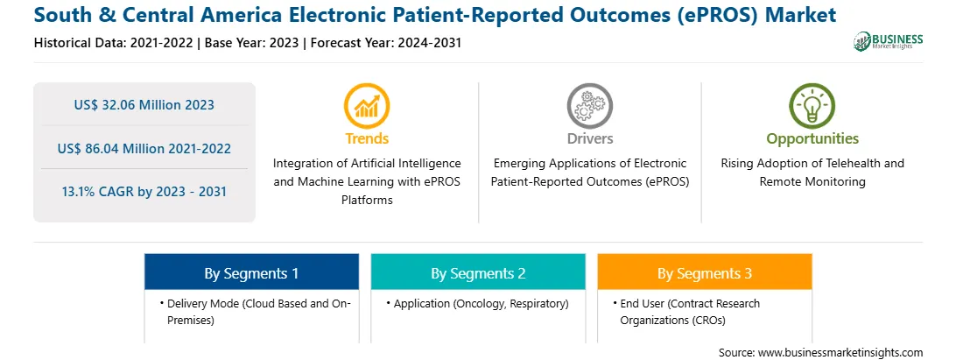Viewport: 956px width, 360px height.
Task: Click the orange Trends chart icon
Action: (x=367, y=106)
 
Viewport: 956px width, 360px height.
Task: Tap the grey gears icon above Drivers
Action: (x=589, y=106)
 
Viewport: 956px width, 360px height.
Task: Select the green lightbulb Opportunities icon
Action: (x=812, y=106)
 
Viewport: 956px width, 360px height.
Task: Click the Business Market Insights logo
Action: (x=889, y=41)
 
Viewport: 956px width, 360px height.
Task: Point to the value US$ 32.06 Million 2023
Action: (x=144, y=105)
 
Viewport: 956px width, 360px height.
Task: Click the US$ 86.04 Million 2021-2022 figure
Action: (x=144, y=148)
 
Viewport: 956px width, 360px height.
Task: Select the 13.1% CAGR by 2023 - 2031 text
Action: (x=144, y=192)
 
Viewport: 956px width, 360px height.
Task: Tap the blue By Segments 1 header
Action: (x=252, y=273)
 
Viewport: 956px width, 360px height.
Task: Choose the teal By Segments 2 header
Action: (x=478, y=273)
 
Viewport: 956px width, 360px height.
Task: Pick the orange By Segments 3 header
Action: (x=705, y=273)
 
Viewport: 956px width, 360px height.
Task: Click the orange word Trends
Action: (x=367, y=138)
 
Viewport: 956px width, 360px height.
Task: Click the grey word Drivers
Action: (x=589, y=138)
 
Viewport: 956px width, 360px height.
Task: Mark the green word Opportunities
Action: (x=812, y=138)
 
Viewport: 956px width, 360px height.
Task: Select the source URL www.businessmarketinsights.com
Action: (x=840, y=353)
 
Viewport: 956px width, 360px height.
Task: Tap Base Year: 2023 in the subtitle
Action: (x=252, y=43)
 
